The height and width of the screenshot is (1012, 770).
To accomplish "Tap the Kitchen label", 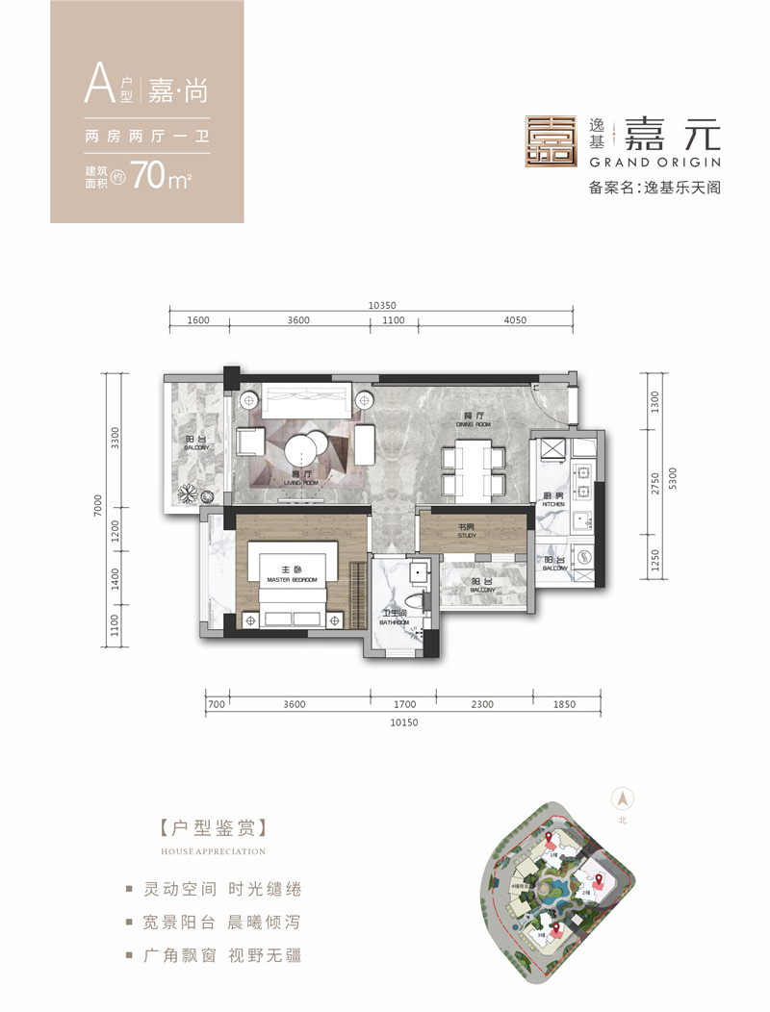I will (x=552, y=500).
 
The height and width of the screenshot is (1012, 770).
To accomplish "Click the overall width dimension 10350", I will (x=381, y=306).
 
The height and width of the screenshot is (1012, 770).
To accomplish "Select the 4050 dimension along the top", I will (x=515, y=321).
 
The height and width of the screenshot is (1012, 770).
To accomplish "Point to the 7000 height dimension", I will (x=112, y=503).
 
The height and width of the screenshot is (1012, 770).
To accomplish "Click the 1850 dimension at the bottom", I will (x=564, y=705).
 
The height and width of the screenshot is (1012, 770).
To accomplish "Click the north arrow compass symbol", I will (x=623, y=797).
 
